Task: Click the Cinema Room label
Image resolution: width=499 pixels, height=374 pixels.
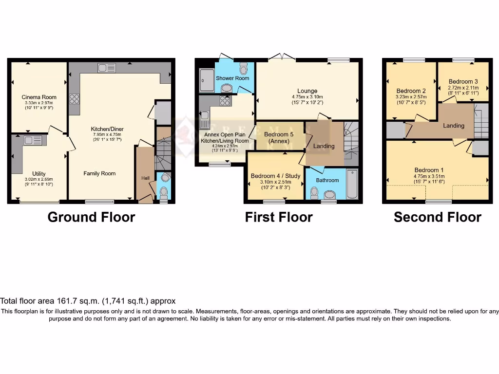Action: (38, 97)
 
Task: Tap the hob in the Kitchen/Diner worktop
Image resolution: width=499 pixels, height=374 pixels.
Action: (75, 99)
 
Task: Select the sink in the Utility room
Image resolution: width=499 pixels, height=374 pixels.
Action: (31, 141)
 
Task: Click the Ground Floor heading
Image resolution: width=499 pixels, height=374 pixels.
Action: (91, 217)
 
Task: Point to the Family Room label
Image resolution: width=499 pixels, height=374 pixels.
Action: (99, 173)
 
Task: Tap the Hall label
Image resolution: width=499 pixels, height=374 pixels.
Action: (145, 178)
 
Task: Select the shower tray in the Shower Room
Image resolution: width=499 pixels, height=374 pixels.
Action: (207, 80)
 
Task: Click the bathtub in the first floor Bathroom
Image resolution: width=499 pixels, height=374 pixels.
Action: (352, 184)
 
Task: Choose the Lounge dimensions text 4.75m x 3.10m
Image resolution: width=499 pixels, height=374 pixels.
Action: (307, 97)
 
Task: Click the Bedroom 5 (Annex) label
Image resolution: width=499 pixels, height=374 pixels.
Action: (276, 138)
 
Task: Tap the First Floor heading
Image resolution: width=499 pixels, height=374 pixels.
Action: (279, 217)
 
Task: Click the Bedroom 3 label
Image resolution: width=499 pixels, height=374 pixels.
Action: (463, 81)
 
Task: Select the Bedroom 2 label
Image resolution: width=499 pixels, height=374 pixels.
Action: (411, 91)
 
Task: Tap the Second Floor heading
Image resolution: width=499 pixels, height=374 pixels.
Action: (438, 217)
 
